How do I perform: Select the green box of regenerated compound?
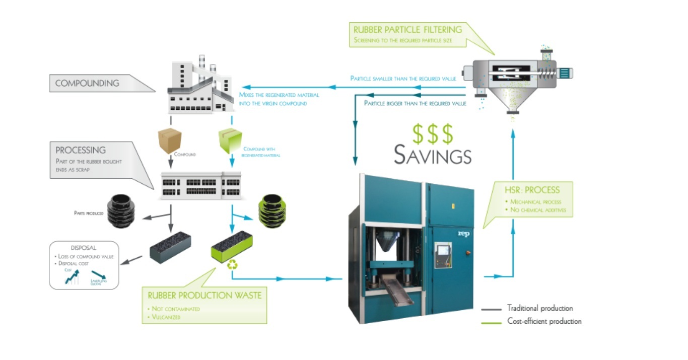(231, 139)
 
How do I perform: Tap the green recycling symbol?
(233, 263)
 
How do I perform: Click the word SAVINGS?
(433, 155)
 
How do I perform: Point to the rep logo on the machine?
(463, 234)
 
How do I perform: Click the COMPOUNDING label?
(87, 83)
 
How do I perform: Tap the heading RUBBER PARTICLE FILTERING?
(407, 30)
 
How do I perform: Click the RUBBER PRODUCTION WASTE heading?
(204, 295)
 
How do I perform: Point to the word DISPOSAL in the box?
(84, 248)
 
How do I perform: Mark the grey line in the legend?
(491, 309)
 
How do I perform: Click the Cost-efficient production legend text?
(544, 321)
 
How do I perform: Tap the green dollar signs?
(433, 133)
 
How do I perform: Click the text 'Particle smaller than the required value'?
(403, 79)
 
